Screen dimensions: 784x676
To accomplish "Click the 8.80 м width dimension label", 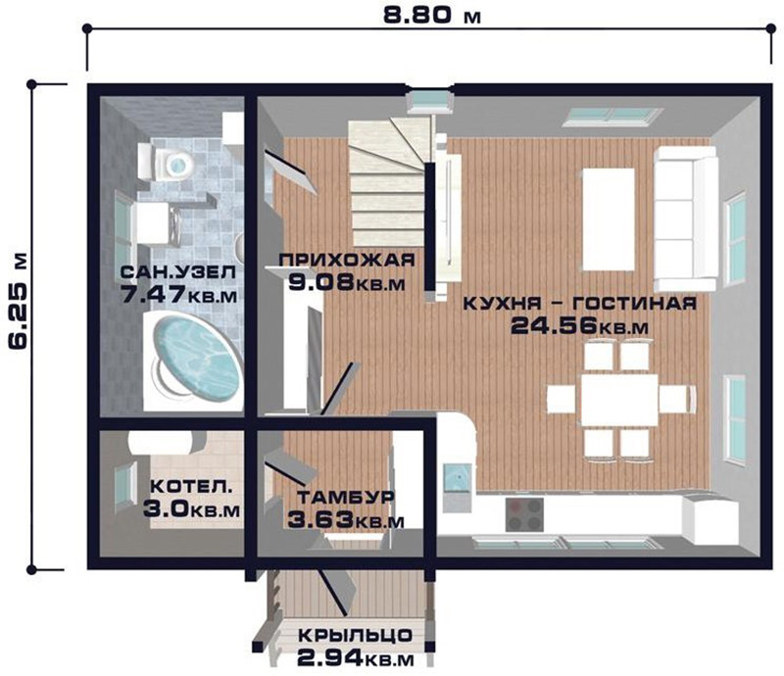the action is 431,15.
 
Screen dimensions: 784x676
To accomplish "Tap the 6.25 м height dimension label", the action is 18,300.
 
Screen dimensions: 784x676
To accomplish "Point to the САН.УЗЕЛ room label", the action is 178,273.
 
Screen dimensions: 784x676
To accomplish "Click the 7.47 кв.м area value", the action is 179,295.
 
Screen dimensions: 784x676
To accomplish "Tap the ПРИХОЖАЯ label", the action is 347,261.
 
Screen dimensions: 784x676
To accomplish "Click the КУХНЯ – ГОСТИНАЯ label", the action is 579,303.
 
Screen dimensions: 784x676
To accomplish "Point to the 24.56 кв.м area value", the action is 579,326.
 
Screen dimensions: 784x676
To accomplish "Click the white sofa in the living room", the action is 685,218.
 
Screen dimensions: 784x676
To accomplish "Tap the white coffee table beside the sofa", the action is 608,219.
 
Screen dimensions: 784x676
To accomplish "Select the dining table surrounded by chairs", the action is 619,399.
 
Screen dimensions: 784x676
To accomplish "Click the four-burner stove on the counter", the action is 524,514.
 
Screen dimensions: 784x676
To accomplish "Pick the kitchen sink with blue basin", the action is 458,478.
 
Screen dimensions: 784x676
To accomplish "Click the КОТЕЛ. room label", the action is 191,487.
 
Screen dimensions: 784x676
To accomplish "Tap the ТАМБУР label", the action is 346,498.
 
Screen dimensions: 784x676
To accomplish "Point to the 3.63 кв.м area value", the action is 346,520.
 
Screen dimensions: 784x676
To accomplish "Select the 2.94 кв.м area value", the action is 356,658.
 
